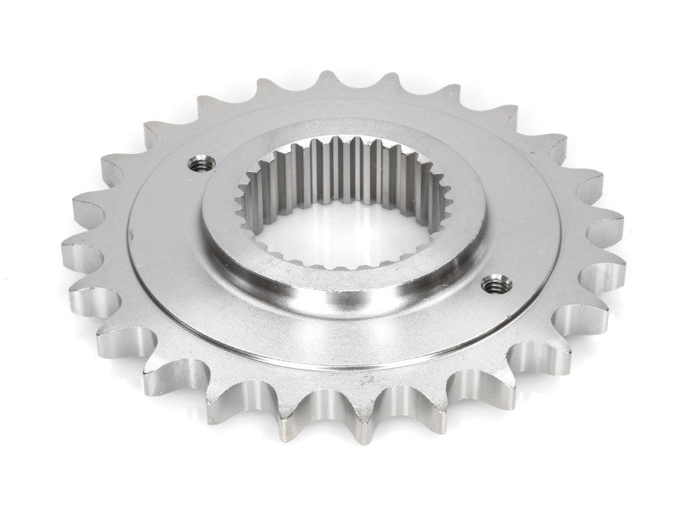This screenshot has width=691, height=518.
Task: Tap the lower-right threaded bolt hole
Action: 492,282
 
